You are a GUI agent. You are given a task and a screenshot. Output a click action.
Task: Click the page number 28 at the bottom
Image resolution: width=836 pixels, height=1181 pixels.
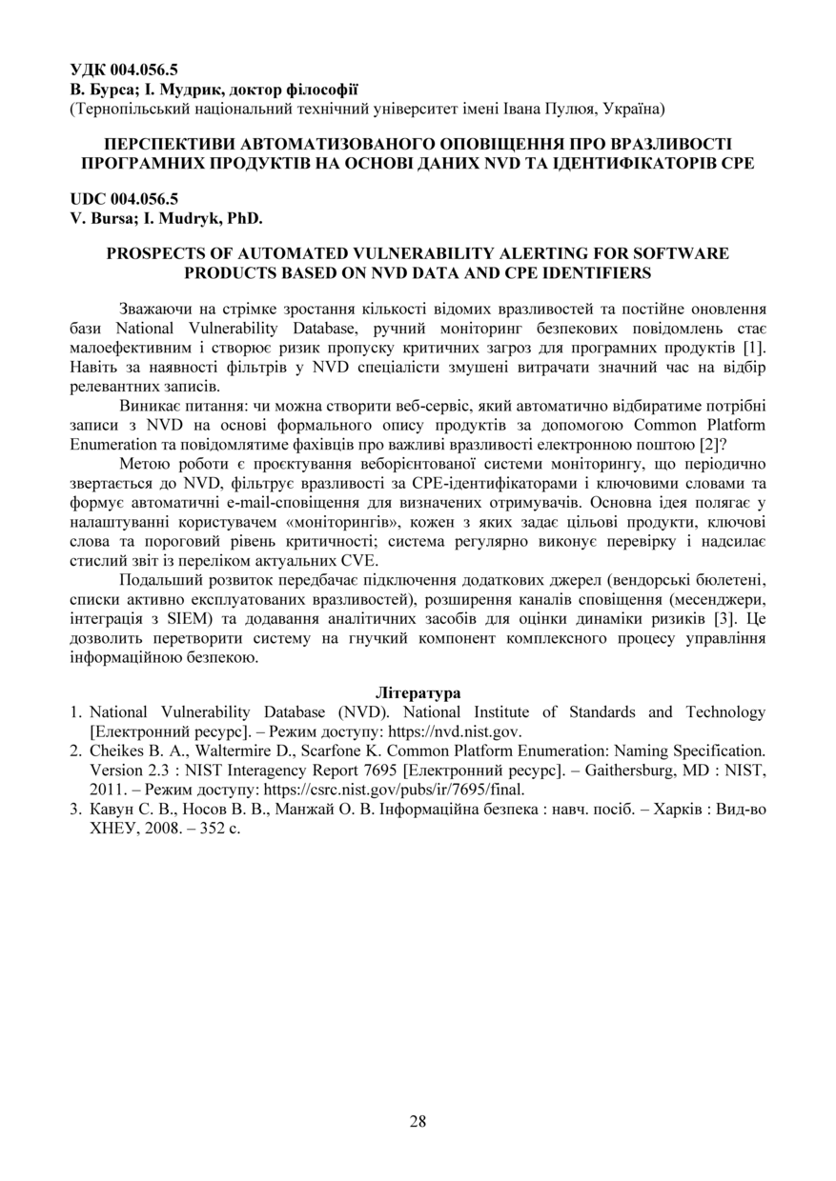coord(418,1121)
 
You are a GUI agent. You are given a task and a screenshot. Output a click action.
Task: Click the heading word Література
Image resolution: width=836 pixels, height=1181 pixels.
coord(418,692)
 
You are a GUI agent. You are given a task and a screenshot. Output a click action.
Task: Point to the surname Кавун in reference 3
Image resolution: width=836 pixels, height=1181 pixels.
coord(112,809)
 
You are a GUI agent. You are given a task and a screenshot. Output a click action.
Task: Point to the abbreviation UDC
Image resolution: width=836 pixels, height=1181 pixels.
coord(88,199)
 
